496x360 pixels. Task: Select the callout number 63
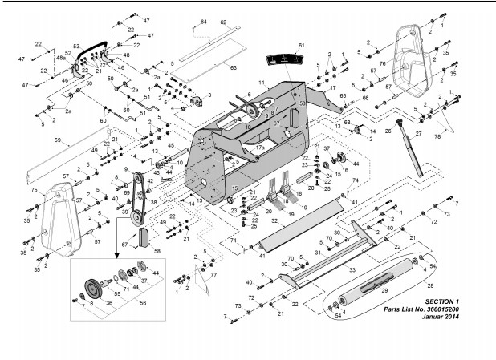[234, 70]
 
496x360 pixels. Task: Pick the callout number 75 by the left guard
[33, 191]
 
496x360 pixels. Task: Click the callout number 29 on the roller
[384, 289]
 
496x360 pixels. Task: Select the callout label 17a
[260, 148]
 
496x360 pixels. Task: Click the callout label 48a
[59, 60]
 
